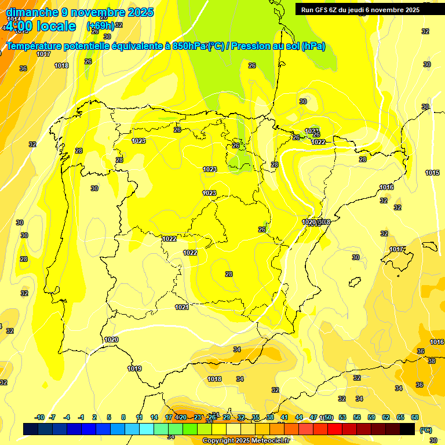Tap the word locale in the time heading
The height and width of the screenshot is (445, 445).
point(56,26)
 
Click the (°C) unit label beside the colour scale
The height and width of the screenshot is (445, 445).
point(425,429)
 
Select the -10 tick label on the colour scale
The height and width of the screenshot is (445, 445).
point(39,417)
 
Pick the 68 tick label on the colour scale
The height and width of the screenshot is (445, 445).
point(415,417)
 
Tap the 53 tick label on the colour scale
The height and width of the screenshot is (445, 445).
point(342,417)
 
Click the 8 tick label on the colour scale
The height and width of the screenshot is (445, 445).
point(123,417)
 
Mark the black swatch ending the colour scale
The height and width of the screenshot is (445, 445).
point(407,429)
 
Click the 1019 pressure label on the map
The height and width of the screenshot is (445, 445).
point(134,369)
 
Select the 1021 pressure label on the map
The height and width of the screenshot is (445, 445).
point(182,307)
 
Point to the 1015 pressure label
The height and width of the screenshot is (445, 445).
point(432,173)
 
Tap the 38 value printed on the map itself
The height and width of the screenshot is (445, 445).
point(431,360)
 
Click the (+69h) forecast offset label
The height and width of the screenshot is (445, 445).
point(100,26)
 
